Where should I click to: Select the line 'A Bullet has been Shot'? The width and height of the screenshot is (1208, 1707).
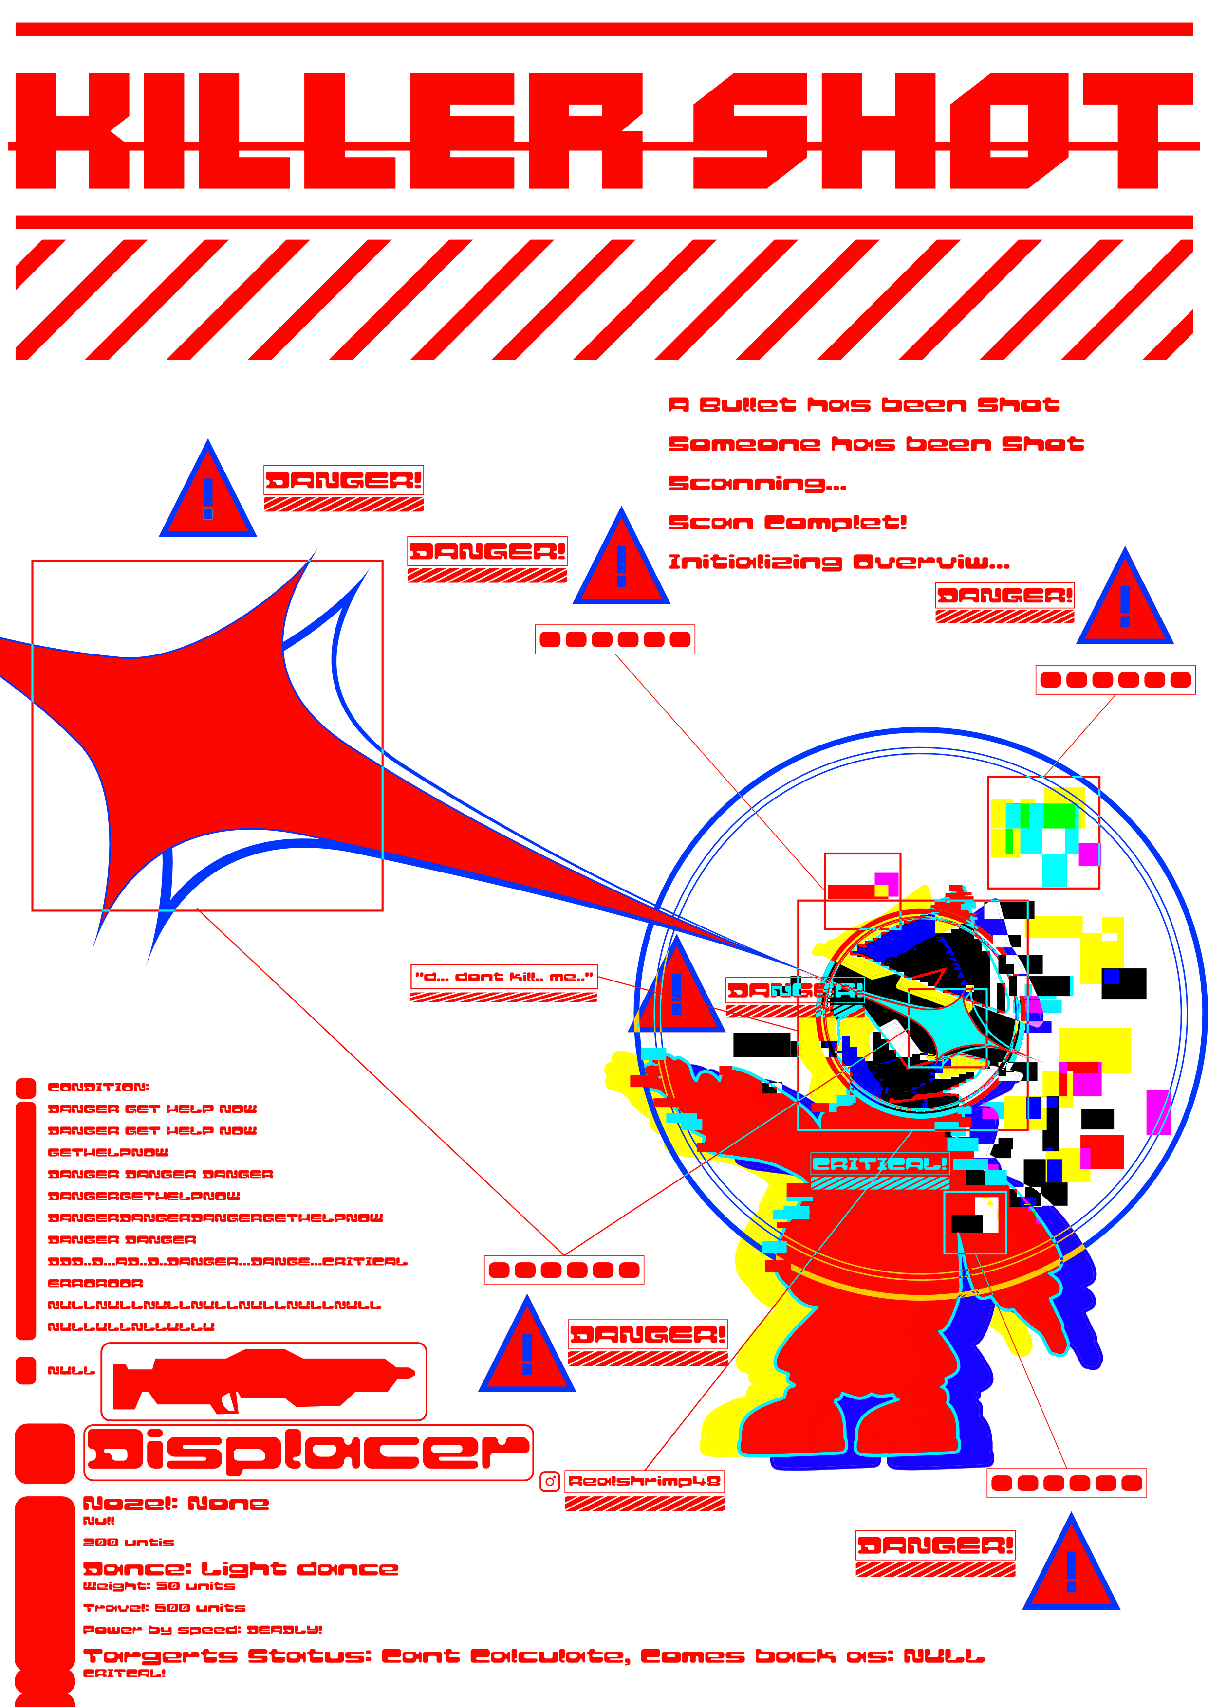coord(863,405)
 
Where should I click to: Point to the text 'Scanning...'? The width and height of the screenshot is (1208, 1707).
coord(757,484)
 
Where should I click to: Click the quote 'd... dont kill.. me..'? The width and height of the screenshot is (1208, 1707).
coord(503,977)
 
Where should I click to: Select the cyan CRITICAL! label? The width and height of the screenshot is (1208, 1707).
coord(879,1164)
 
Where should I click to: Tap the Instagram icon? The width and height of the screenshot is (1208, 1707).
coord(550,1481)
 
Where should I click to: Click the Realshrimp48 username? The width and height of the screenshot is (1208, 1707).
coord(644,1481)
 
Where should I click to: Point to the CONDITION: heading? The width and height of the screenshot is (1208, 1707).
coord(98,1087)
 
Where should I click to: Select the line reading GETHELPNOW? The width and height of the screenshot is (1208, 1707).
coord(108,1152)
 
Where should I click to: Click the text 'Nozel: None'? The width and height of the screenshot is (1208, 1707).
coord(176,1503)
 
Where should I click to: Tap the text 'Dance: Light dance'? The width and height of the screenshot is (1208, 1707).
coord(240,1569)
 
